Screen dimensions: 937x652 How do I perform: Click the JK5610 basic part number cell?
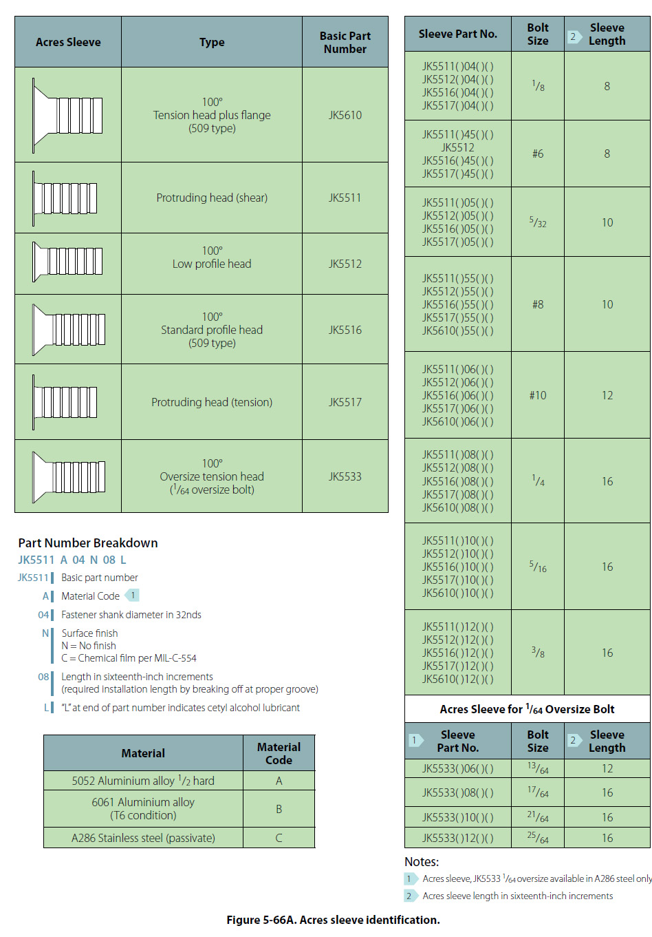pyautogui.click(x=345, y=115)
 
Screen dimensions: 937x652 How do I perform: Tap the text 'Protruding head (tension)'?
pyautogui.click(x=212, y=402)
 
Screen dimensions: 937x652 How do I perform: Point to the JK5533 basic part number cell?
pyautogui.click(x=345, y=476)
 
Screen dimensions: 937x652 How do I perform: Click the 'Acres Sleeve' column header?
pyautogui.click(x=68, y=42)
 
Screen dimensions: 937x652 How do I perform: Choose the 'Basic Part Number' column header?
pyautogui.click(x=345, y=42)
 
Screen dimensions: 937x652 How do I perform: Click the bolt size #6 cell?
pyautogui.click(x=538, y=154)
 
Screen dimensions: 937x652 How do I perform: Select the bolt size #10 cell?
pyautogui.click(x=538, y=395)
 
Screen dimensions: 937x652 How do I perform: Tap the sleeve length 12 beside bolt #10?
pyautogui.click(x=607, y=395)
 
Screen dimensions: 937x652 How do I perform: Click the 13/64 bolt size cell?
pyautogui.click(x=538, y=768)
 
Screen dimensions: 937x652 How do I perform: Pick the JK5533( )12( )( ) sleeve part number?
pyautogui.click(x=457, y=838)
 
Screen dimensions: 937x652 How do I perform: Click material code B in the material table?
pyautogui.click(x=279, y=809)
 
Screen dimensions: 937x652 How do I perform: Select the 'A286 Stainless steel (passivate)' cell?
pyautogui.click(x=143, y=838)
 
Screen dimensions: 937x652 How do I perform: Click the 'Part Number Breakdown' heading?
pyautogui.click(x=88, y=543)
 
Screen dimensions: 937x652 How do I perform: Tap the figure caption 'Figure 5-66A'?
pyautogui.click(x=333, y=920)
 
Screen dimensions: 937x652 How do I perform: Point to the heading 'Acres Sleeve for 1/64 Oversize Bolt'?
pyautogui.click(x=527, y=709)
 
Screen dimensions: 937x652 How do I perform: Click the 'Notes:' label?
pyautogui.click(x=422, y=862)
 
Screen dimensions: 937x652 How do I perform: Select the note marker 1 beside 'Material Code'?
pyautogui.click(x=133, y=595)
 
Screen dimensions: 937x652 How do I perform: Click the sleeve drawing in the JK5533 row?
pyautogui.click(x=69, y=476)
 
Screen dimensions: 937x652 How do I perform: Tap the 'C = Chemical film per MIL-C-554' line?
pyautogui.click(x=129, y=658)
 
